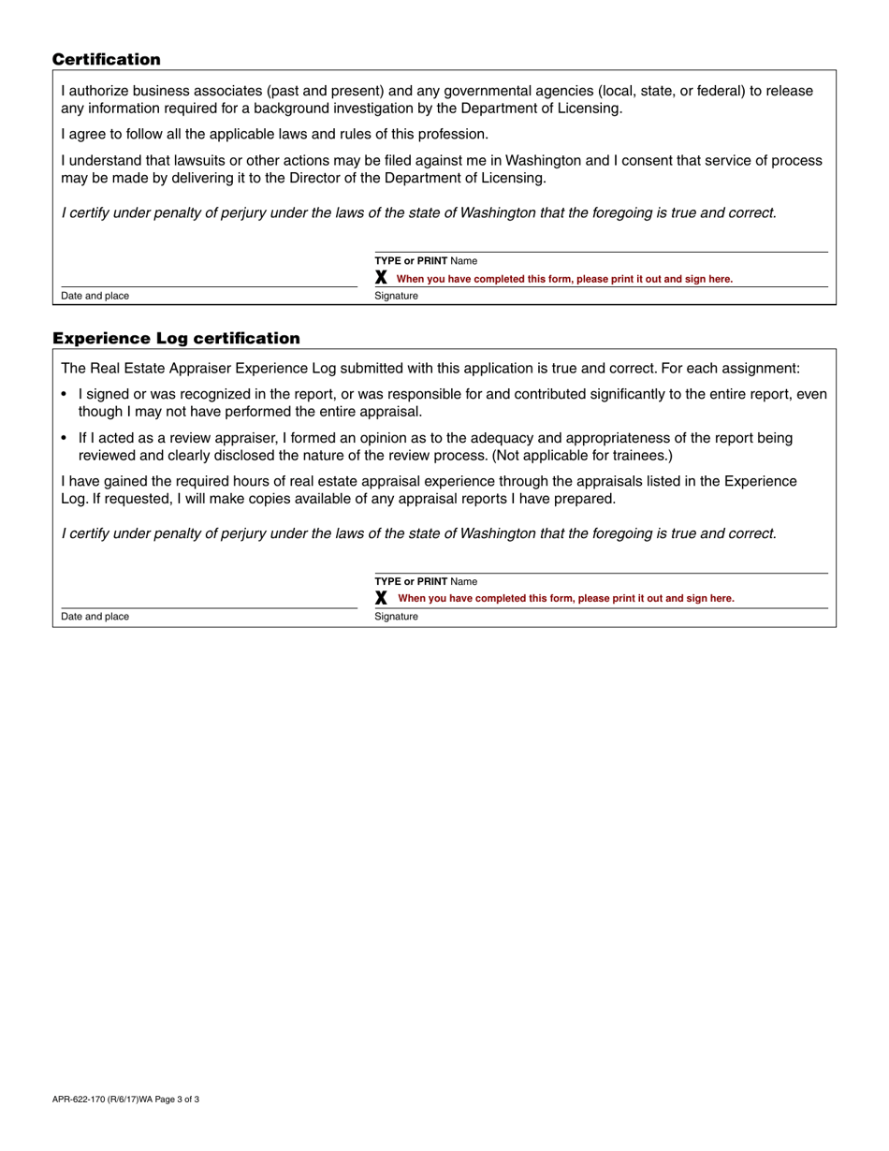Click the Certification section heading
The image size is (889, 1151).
(x=106, y=60)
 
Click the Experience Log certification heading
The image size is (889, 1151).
(x=176, y=339)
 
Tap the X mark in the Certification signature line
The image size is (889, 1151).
(x=381, y=278)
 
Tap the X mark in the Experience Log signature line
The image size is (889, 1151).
(x=381, y=598)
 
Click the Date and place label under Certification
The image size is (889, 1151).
(x=95, y=297)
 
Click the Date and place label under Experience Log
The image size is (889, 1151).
(x=95, y=618)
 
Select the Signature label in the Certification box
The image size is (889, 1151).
(x=397, y=297)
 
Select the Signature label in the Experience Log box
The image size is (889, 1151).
(x=397, y=618)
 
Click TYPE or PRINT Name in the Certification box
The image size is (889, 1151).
(x=426, y=261)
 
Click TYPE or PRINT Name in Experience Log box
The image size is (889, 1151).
(x=426, y=582)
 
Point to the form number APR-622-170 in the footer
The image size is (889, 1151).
(x=83, y=1100)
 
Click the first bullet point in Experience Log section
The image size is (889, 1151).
(x=65, y=395)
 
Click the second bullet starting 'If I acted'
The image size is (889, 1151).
(x=65, y=438)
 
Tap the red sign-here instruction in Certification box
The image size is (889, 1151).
(x=564, y=279)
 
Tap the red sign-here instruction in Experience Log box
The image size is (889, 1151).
(x=566, y=599)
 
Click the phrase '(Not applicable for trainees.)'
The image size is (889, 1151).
(x=582, y=456)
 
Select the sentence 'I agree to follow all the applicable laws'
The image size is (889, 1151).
(x=274, y=135)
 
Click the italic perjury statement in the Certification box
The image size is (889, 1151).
(x=418, y=213)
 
